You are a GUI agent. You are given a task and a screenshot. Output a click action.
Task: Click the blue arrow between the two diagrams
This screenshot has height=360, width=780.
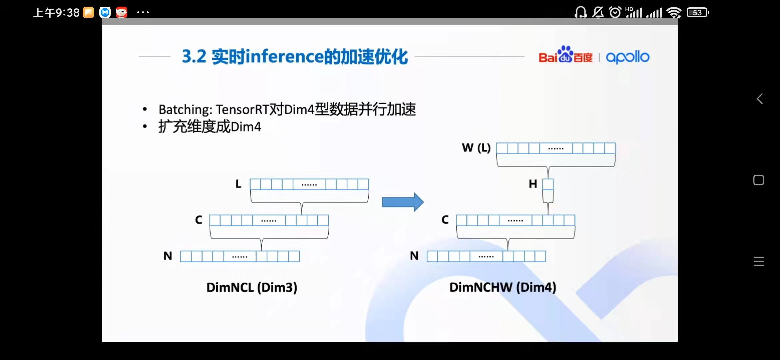point(402,202)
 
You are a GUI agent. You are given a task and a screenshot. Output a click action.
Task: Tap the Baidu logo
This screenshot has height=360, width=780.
point(565,55)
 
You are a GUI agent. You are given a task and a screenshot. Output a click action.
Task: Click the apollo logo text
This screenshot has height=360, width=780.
point(627,57)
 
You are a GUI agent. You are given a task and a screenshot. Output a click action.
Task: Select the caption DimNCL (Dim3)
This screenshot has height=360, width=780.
point(252,287)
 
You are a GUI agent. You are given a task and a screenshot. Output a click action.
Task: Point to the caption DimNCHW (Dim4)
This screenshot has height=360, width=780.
point(503,287)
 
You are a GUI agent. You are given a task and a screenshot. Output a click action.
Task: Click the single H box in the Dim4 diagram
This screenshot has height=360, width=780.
point(548,184)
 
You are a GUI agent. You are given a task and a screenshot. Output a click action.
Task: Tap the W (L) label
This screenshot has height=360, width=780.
point(476,148)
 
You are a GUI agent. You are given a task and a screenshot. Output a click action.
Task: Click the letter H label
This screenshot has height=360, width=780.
point(533,184)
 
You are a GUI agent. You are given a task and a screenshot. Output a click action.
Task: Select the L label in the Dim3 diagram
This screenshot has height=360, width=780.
point(238,184)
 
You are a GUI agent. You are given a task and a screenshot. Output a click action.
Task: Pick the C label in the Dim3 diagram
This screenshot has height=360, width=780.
point(199,220)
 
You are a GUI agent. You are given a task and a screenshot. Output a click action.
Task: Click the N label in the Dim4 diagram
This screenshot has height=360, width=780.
point(414,256)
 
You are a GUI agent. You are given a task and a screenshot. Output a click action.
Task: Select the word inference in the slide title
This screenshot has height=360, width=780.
point(284,57)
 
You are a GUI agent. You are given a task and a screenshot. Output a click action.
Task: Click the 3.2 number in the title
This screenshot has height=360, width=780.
point(194,57)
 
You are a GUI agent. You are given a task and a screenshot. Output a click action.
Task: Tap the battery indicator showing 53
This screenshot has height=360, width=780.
point(698,13)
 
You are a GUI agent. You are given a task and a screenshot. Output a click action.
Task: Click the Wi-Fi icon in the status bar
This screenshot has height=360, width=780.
point(674,13)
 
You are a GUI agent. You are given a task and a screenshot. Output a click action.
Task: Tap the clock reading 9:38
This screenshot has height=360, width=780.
point(67,13)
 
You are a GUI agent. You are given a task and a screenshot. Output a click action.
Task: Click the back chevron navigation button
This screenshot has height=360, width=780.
point(759,99)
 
